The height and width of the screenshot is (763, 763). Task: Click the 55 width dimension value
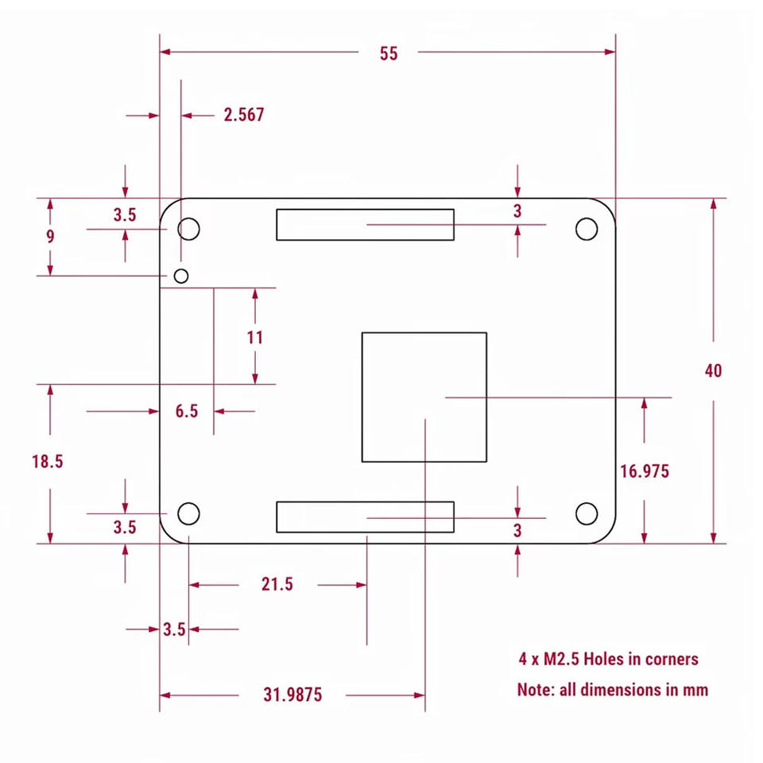point(389,53)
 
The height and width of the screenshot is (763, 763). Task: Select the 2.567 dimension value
point(244,114)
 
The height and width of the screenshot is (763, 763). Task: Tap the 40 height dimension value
point(714,371)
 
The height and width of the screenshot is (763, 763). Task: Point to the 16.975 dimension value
point(645,471)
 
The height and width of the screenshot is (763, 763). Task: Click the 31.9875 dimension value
point(292,695)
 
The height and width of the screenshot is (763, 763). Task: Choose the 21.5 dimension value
point(277,584)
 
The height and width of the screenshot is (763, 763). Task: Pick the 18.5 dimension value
point(48,461)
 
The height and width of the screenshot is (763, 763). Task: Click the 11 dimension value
point(255,337)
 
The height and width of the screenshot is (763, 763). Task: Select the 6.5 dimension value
point(187,411)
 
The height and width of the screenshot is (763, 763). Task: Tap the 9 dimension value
point(50,237)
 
